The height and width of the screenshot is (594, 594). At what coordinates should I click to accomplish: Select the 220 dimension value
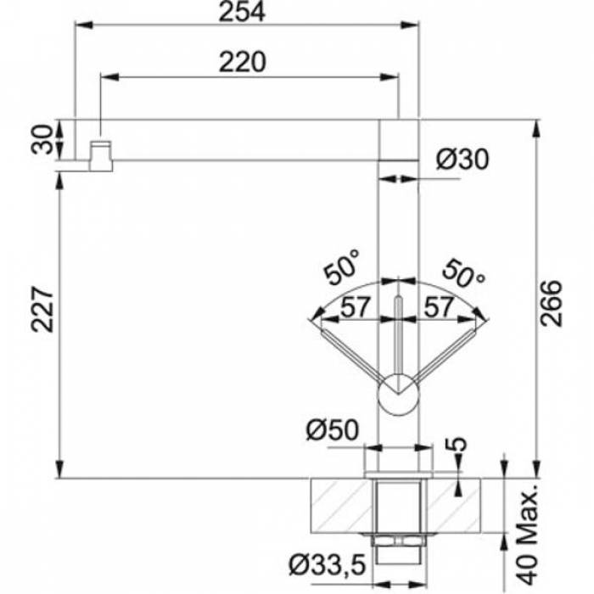click(x=243, y=62)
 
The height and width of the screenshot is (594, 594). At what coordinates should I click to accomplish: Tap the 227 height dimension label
click(x=42, y=310)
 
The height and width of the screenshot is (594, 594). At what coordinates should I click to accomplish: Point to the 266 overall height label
click(x=551, y=303)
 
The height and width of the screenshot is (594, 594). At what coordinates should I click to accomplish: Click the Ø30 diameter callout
click(x=462, y=160)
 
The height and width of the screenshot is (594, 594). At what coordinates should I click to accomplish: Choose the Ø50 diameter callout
click(x=333, y=430)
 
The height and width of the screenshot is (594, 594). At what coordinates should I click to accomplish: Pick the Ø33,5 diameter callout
click(x=328, y=565)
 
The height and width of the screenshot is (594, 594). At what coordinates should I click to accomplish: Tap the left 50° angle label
click(x=340, y=266)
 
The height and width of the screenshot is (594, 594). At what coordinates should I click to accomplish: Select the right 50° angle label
click(x=463, y=273)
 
